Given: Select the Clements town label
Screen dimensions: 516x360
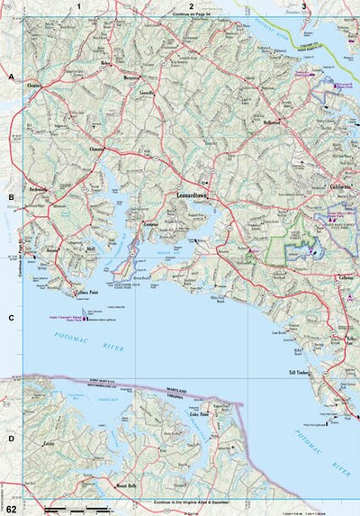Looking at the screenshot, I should [98, 149].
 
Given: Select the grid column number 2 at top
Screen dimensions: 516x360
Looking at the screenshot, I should [191, 6].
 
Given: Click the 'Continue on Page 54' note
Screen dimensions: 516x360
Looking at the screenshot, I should [191, 17].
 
